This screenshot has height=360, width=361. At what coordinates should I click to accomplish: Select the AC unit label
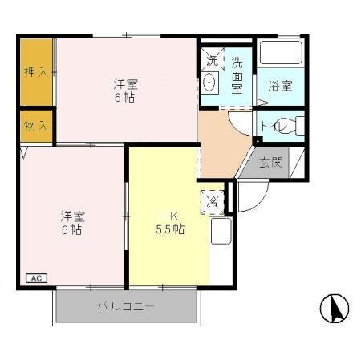(x=36, y=278)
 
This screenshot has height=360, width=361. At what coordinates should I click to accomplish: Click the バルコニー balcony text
(x=126, y=306)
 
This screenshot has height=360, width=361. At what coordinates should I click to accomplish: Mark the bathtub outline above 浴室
(x=282, y=55)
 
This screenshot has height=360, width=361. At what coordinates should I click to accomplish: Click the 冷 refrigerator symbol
(x=213, y=200)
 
